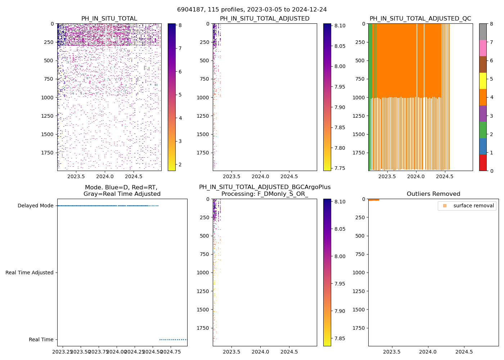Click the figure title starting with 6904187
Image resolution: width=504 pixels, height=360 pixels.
pos(252,10)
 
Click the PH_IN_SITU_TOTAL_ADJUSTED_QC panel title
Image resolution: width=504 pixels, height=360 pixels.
pos(420,19)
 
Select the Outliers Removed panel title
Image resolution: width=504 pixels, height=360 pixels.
pos(433,194)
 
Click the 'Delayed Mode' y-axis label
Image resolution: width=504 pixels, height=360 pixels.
pos(35,206)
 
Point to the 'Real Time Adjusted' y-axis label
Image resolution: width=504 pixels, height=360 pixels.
pos(29,273)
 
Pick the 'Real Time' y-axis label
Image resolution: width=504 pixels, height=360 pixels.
pos(41,339)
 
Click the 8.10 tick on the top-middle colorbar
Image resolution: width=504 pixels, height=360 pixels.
pos(339,26)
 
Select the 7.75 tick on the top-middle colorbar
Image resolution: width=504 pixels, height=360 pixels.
pos(339,168)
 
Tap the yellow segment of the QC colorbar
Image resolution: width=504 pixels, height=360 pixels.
pos(483,81)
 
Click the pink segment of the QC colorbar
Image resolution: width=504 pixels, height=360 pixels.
pos(483,48)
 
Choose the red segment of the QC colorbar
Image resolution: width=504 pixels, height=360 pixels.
pos(483,162)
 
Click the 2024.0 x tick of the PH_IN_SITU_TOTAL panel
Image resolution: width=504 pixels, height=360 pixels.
pos(105,176)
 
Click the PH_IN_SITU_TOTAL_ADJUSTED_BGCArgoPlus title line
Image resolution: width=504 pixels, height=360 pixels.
pos(265,187)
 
